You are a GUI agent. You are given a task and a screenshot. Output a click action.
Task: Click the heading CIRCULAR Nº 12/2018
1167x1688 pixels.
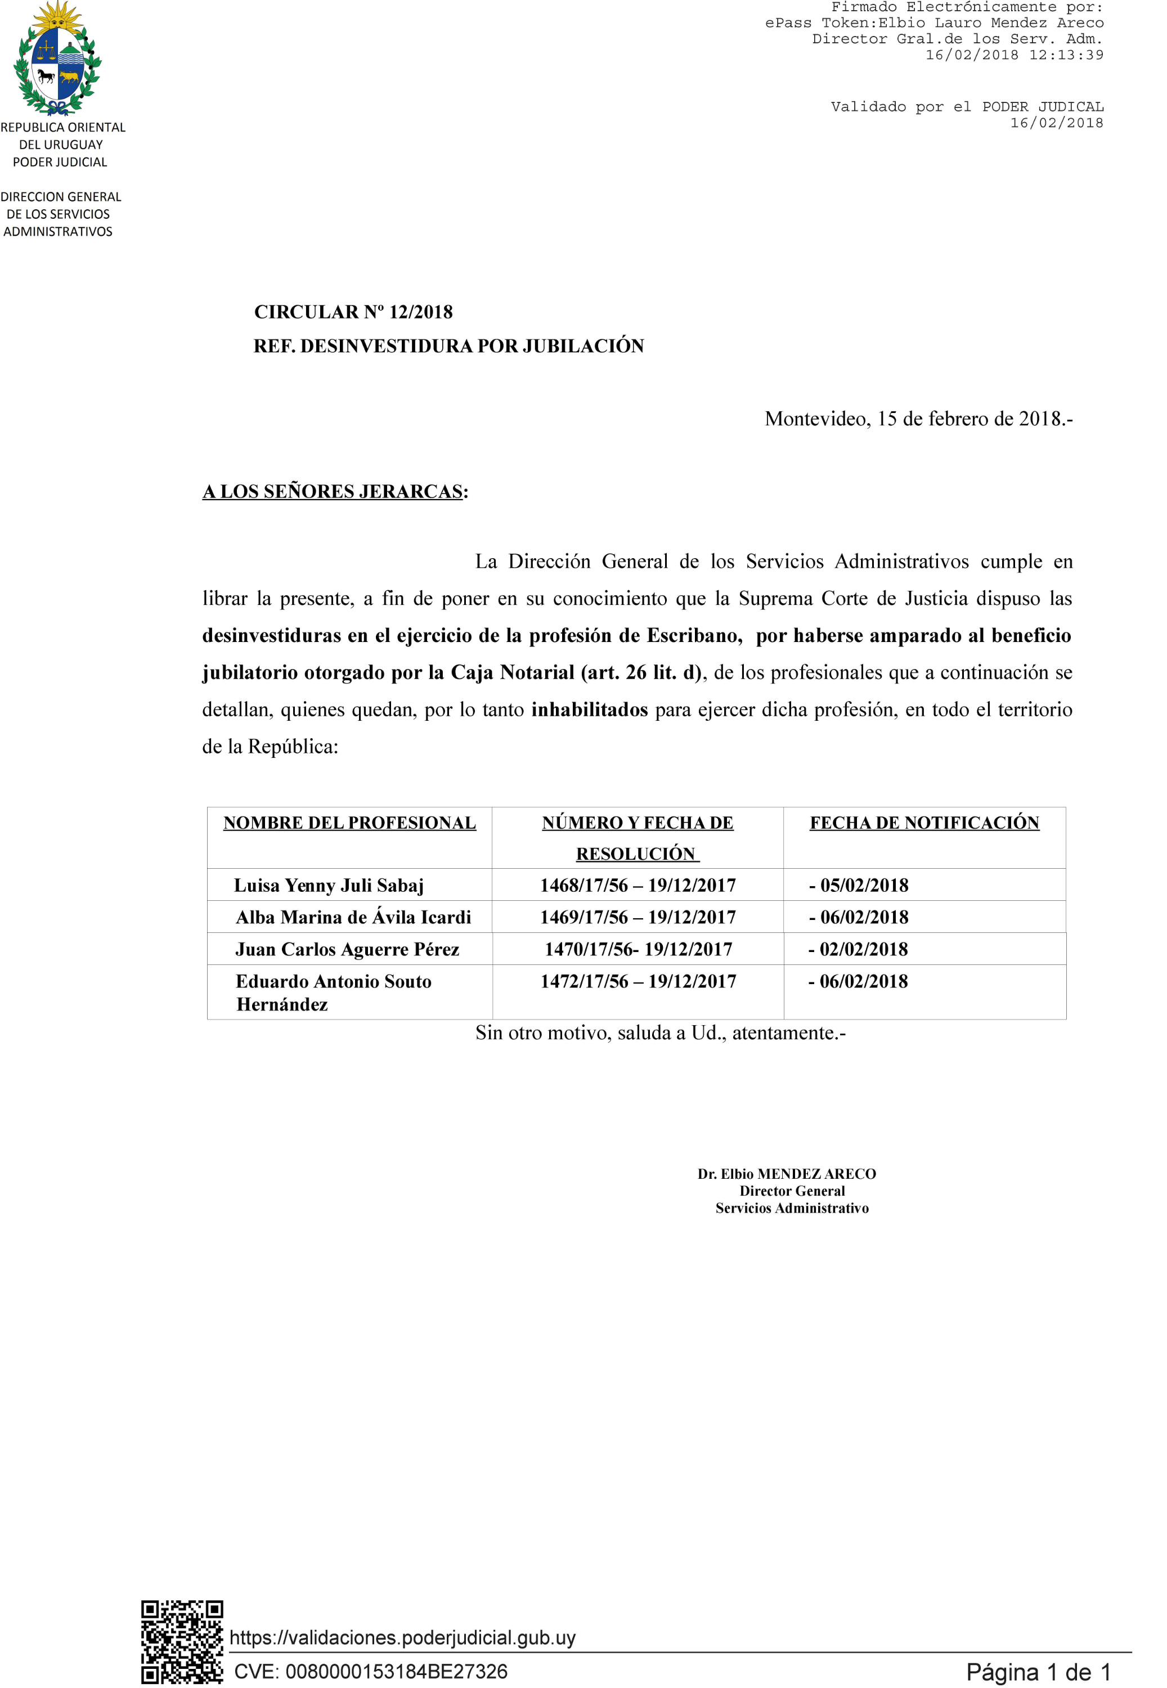click(353, 312)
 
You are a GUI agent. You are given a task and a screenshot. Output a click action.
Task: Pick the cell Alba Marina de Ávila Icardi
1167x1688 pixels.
click(353, 918)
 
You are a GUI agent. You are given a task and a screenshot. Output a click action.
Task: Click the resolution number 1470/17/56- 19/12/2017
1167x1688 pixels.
click(638, 950)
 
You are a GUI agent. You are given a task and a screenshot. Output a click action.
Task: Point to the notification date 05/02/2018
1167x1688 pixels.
click(864, 885)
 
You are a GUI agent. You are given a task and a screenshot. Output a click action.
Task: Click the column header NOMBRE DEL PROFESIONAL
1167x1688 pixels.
click(349, 823)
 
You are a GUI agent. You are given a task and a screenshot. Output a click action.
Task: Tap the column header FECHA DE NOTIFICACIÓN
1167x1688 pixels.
click(924, 823)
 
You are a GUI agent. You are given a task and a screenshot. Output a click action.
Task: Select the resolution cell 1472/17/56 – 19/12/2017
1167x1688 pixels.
click(638, 982)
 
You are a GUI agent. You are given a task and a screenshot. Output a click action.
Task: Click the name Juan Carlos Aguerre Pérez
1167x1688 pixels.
click(347, 950)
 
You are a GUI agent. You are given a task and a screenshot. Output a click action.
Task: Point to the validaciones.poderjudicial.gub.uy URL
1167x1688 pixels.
click(402, 1637)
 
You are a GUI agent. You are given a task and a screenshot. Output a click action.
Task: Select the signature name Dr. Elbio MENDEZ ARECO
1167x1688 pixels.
click(786, 1174)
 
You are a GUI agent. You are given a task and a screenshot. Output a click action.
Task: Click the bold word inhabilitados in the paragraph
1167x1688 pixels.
click(589, 710)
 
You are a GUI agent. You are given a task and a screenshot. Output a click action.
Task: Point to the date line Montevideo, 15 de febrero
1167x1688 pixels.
click(918, 419)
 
